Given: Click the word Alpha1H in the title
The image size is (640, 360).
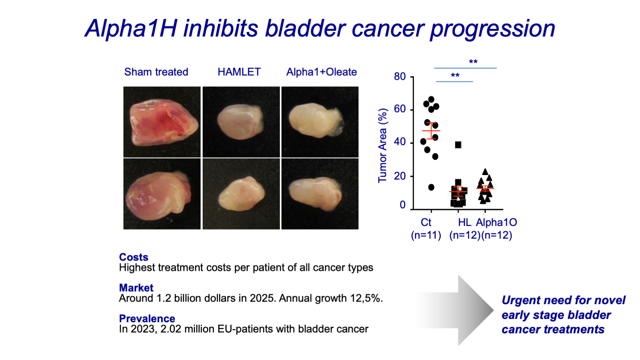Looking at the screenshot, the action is (x=130, y=29).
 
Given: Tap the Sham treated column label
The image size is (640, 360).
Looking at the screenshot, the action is (x=156, y=72).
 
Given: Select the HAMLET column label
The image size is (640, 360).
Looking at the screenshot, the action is (x=239, y=72).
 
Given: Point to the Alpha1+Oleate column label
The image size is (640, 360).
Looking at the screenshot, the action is (x=321, y=72).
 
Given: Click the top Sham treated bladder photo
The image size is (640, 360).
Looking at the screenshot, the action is (x=162, y=122).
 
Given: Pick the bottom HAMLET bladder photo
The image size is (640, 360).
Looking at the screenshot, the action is (x=241, y=194).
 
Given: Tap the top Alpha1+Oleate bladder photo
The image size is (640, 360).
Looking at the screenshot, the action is (x=320, y=122).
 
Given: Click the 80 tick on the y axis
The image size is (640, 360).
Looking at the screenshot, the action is (x=400, y=76).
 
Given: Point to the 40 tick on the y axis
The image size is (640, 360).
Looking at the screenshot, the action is (x=400, y=142).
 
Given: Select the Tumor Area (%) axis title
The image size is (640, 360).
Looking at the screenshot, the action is (x=382, y=146).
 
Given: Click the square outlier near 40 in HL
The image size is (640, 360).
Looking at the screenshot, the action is (x=458, y=145).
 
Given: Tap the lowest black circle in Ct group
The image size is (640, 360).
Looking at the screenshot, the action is (x=431, y=187).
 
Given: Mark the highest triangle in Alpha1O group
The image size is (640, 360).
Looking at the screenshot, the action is (x=485, y=172).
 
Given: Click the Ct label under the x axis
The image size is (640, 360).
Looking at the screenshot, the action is (x=426, y=222).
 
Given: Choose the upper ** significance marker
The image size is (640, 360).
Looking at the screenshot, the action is (x=473, y=62).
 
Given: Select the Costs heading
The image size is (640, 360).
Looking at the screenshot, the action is (x=134, y=257).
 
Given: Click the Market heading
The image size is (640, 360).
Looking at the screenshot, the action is (x=136, y=288).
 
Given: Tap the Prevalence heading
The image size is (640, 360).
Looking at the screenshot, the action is (x=147, y=318).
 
